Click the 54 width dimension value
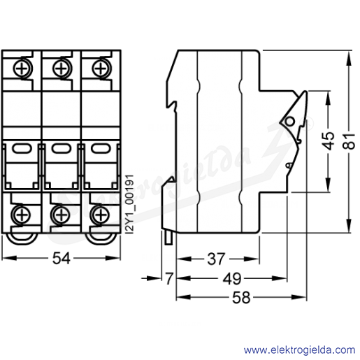61,258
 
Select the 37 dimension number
217,259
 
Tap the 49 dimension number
232,278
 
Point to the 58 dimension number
241,298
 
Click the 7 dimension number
169,278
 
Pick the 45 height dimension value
329,141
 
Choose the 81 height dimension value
349,141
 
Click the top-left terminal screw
22,69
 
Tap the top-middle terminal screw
62,69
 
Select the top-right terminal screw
101,69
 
